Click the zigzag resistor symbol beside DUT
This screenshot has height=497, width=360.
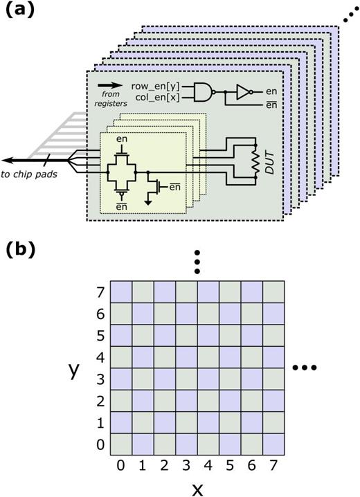[256, 161]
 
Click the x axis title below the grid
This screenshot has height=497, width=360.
[197, 488]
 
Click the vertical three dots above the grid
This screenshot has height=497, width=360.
[198, 262]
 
